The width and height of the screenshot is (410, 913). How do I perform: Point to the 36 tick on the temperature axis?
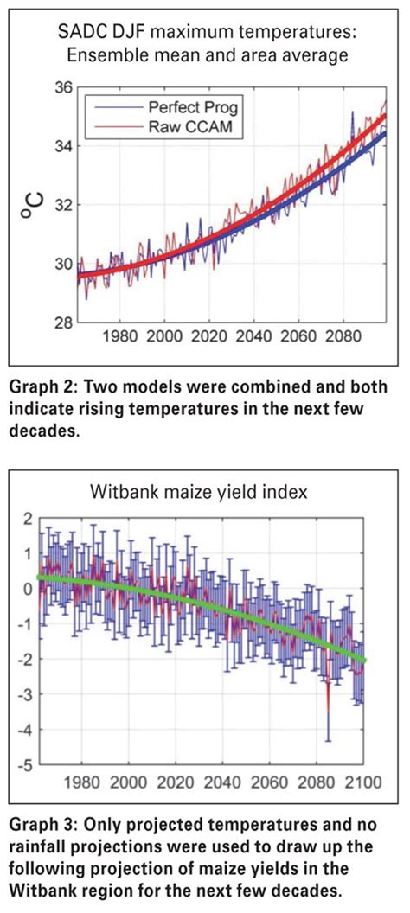63,87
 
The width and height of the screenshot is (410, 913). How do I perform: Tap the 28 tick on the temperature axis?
63,322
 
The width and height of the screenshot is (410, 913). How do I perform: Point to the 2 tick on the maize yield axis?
30,518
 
